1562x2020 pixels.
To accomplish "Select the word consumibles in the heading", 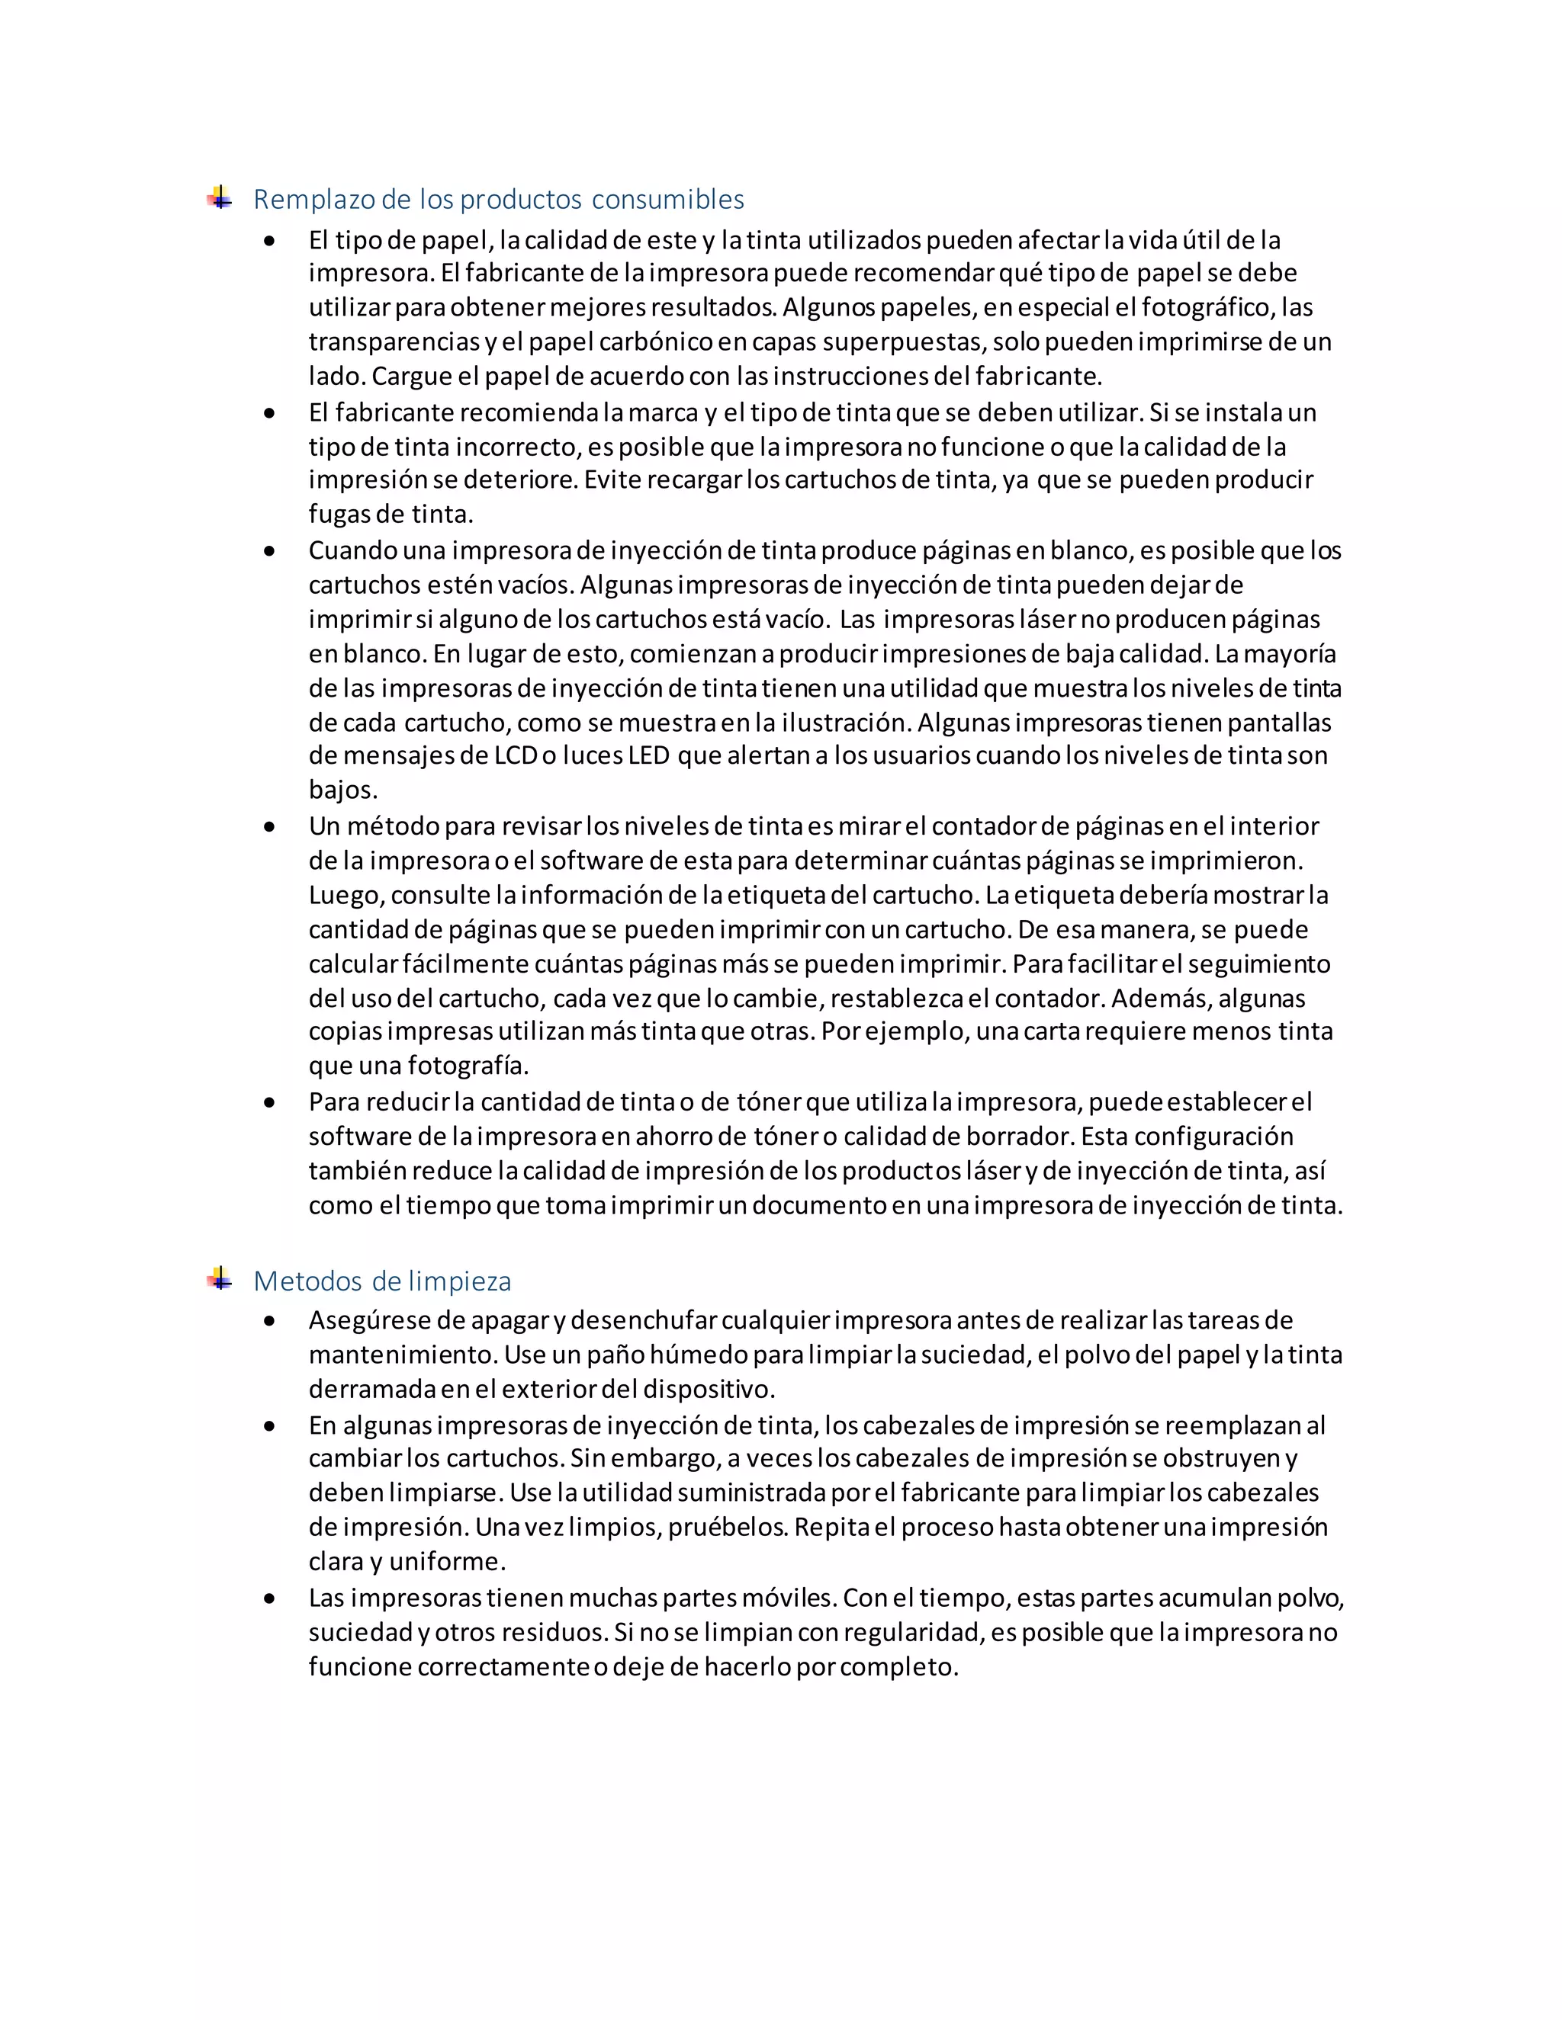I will pos(667,200).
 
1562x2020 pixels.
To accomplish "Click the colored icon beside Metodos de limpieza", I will pos(220,1279).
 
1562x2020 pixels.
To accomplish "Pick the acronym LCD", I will pos(515,755).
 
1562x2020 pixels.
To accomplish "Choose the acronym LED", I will pos(648,755).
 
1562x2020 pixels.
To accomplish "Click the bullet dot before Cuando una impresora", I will pos(269,551).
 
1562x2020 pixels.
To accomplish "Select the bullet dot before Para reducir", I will pos(269,1102).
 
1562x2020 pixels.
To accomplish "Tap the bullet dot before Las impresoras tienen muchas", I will pos(269,1598).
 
